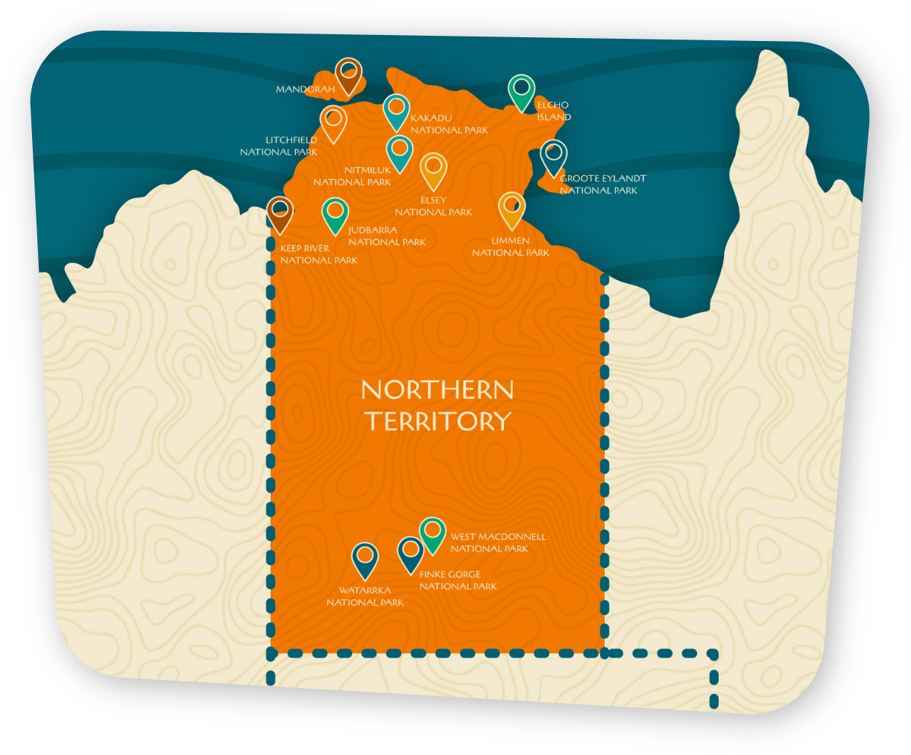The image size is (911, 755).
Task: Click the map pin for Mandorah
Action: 348,75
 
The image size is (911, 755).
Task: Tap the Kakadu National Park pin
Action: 397,111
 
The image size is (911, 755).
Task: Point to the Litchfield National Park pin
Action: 333,122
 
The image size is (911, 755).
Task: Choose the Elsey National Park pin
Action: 433,169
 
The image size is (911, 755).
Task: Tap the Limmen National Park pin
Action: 511,209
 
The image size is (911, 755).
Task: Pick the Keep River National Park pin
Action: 280,213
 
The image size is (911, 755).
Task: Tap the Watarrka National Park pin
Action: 365,559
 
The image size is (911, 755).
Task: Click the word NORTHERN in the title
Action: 438,391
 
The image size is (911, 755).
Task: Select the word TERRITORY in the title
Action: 438,421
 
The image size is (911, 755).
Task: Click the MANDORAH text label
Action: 306,89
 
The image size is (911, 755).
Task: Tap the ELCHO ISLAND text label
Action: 554,111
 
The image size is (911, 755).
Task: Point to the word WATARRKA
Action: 365,591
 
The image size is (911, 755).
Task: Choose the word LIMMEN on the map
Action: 511,241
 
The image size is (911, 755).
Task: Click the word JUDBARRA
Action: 373,230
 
